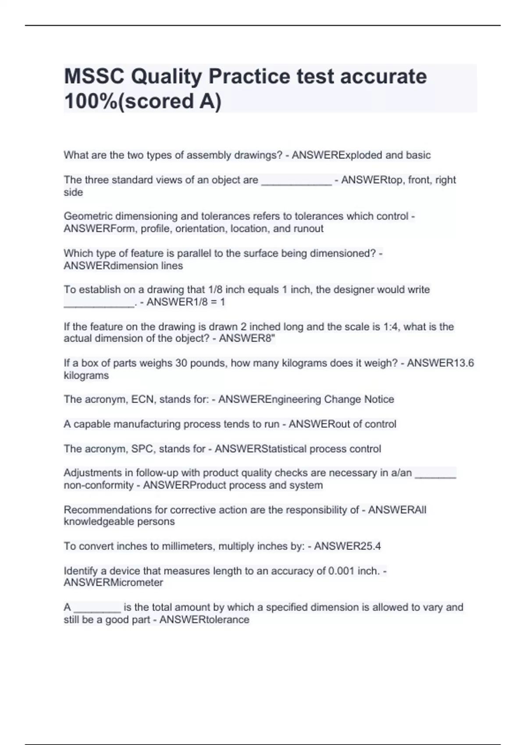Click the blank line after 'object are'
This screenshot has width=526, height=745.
click(296, 180)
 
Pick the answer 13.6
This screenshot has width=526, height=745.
click(463, 363)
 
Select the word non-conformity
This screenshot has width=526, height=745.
click(99, 485)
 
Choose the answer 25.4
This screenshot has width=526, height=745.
click(370, 546)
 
